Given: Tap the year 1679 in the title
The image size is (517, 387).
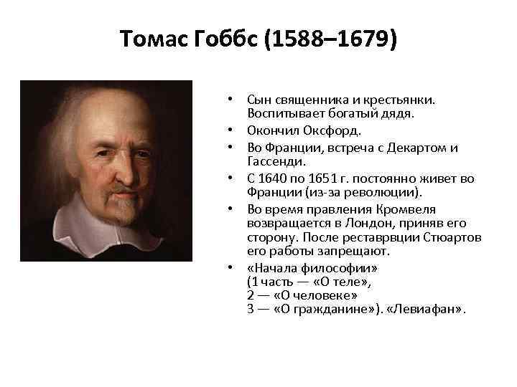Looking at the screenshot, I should [x=358, y=40].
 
